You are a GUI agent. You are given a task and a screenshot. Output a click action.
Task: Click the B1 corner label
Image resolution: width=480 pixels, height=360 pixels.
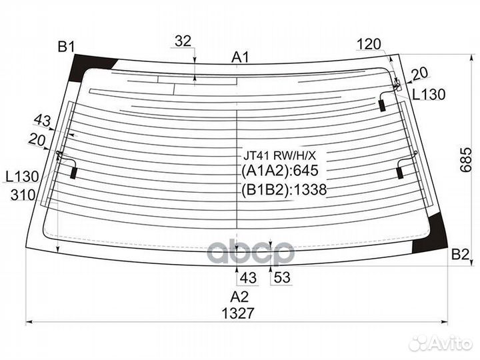coord(66,47)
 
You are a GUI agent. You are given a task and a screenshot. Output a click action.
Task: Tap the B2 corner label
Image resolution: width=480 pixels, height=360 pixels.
coord(460,254)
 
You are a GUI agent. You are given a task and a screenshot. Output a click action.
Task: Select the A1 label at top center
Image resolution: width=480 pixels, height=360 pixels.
coord(240,57)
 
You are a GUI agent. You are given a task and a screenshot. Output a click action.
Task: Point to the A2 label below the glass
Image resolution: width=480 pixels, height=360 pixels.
coord(239,297)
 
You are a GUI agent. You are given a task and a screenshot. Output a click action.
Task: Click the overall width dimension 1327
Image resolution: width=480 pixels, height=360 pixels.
coord(238,313)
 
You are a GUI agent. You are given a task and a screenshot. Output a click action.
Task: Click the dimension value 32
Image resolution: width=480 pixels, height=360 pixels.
coord(183,41)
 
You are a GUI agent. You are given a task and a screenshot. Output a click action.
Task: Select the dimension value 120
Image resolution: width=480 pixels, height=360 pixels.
coord(369,45)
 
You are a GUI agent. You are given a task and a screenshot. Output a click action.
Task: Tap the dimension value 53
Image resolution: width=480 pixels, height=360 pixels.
coord(281,277)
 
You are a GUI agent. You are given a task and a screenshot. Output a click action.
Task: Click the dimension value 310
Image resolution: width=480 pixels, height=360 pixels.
coord(23,195)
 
